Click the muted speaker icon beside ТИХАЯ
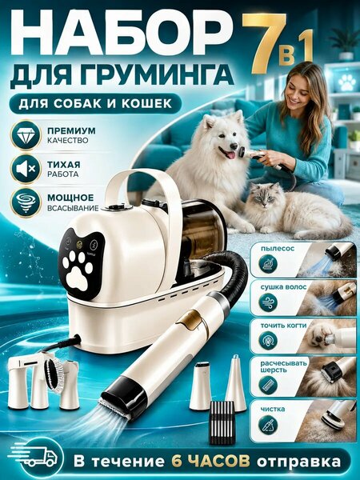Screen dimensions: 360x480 [26, 168]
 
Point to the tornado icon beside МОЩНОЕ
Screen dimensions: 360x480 [26, 202]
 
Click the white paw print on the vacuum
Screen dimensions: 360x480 [77, 270]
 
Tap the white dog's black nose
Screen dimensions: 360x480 [234, 146]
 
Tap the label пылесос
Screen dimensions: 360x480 [278, 248]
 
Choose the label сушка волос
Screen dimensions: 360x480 [283, 287]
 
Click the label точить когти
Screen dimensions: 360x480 [283, 326]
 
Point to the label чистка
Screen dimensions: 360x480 [273, 409]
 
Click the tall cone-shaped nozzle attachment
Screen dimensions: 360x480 [236, 382]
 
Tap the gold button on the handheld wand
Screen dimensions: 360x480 [190, 321]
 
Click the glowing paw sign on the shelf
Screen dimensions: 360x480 [347, 82]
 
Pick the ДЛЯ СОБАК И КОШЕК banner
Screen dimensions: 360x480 [95, 103]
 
